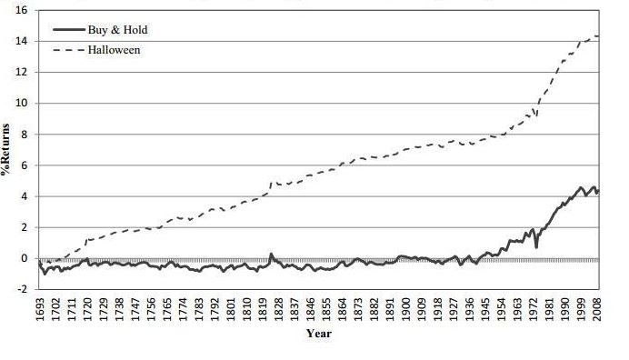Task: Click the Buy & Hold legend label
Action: pos(117,30)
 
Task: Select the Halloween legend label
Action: pos(114,49)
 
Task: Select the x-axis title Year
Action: pos(319,335)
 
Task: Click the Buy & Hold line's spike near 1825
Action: pos(271,254)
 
